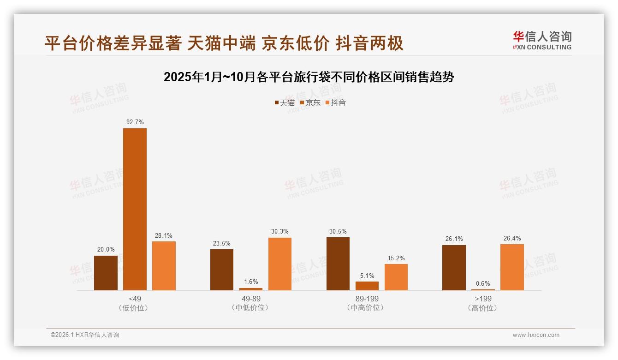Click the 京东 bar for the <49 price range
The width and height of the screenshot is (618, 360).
click(135, 209)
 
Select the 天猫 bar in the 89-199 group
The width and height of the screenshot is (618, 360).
click(338, 264)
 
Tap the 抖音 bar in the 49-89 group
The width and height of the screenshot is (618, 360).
click(280, 264)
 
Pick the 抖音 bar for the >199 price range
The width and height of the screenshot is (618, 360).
click(512, 267)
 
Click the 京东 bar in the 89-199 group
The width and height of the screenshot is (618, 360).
click(367, 286)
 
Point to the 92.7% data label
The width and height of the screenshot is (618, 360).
click(135, 122)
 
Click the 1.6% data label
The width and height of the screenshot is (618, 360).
click(251, 282)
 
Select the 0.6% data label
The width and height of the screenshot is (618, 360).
click(483, 283)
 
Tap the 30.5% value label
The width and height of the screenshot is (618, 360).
click(338, 231)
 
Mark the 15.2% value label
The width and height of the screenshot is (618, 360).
click(396, 258)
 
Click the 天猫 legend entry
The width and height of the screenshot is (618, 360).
click(284, 102)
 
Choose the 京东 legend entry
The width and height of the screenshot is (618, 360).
click(310, 102)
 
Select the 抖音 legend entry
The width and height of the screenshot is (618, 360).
click(335, 102)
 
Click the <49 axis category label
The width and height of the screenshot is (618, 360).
click(135, 299)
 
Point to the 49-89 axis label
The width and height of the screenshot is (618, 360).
click(251, 299)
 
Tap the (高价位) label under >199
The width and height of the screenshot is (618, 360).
click(483, 308)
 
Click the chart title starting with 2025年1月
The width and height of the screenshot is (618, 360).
click(309, 77)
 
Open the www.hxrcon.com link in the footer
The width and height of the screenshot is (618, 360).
click(536, 335)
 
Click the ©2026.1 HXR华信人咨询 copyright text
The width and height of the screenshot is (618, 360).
click(85, 335)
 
